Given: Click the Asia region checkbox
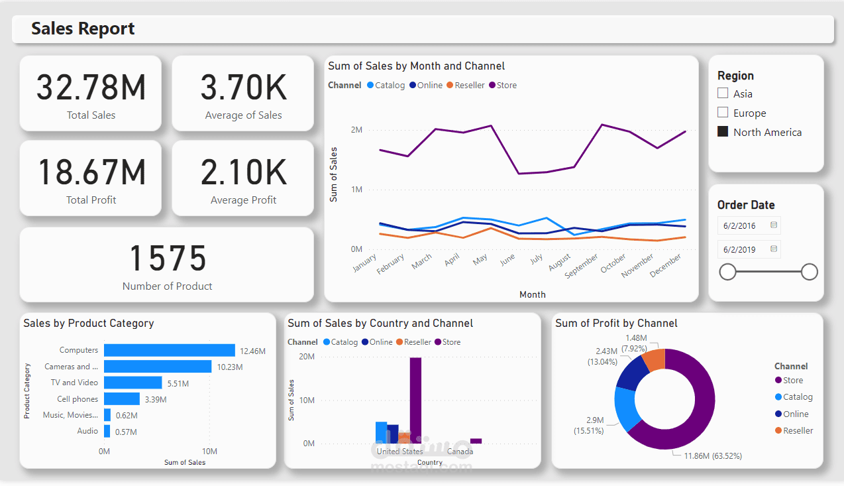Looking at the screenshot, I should tap(723, 94).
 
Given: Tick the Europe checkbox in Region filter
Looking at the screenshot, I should tap(723, 113).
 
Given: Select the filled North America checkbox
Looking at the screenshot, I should tap(723, 132).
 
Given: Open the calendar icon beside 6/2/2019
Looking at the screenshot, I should tap(773, 249).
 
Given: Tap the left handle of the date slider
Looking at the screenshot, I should tap(727, 272).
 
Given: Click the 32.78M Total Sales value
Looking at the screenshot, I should tap(91, 88).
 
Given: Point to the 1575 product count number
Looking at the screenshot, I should tap(167, 259).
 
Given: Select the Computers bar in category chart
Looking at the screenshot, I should tap(169, 350).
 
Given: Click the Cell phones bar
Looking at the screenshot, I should tap(122, 399).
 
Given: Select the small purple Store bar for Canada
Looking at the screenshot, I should tap(476, 441).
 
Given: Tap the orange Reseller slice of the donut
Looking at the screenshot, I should tap(654, 360).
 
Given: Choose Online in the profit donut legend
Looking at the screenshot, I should tap(795, 414).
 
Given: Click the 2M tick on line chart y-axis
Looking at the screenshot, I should tap(356, 130).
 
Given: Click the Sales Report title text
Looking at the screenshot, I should tap(83, 29).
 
